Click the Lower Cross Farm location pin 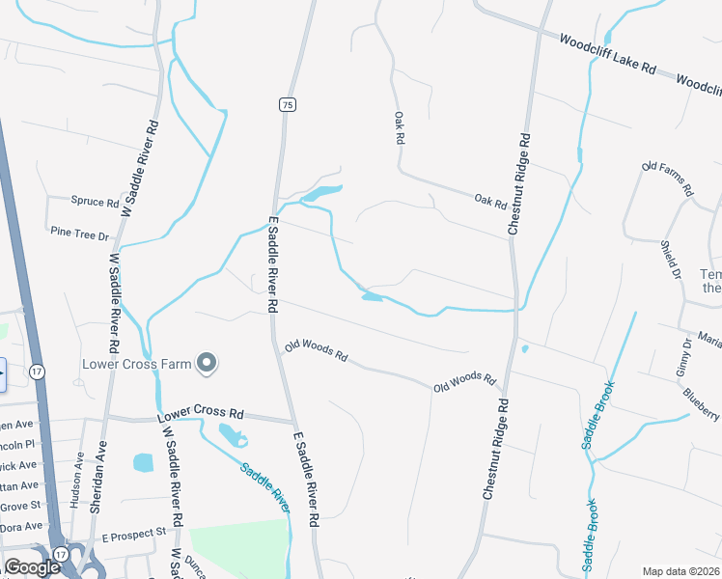tap(206, 363)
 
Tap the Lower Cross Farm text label tap(136, 364)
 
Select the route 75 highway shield tap(287, 103)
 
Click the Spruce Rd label tap(95, 203)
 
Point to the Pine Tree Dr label tap(80, 233)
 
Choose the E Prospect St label tap(134, 534)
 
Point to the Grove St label tap(21, 506)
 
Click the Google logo tap(32, 567)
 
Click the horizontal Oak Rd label tap(490, 202)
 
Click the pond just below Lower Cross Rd tap(233, 436)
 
